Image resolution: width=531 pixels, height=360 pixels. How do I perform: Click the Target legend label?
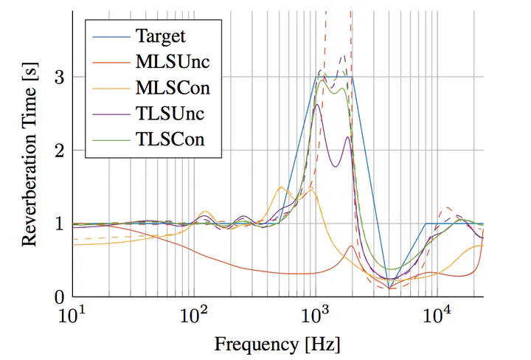(x=161, y=35)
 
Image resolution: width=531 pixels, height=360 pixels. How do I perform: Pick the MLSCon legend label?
(x=173, y=88)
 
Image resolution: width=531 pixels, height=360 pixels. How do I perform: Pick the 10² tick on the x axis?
(x=194, y=315)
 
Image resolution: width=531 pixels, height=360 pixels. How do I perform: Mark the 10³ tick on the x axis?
(x=316, y=315)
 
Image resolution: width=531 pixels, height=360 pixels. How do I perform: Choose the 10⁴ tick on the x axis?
(x=437, y=315)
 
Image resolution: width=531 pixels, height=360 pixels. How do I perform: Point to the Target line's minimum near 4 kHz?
(x=389, y=288)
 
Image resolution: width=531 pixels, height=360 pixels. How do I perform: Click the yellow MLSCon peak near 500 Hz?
(x=280, y=187)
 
